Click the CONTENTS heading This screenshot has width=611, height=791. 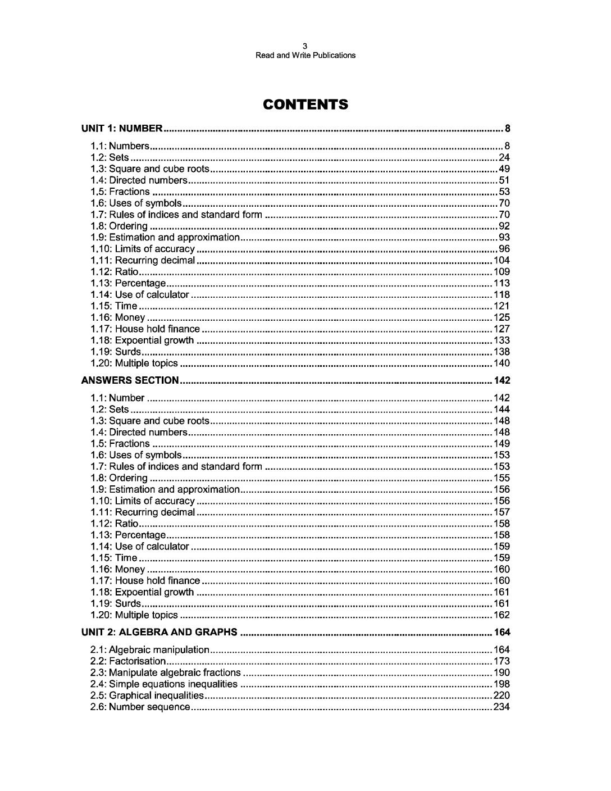pos(305,104)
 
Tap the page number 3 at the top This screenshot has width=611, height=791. pos(305,46)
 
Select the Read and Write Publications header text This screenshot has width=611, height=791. pos(305,56)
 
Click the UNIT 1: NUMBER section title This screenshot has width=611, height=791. pos(122,129)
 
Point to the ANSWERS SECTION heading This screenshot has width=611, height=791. pos(130,380)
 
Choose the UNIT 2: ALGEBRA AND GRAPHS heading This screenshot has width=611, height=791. pos(159,632)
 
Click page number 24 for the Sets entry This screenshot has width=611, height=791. pos(504,157)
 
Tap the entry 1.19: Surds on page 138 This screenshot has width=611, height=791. pos(116,352)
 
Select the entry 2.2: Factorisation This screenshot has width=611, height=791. pos(128,661)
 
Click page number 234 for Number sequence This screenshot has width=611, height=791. pos(501,707)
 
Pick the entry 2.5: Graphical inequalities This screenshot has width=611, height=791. pos(147,695)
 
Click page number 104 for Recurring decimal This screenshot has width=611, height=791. pos(501,260)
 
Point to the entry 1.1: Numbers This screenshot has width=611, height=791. pos(120,146)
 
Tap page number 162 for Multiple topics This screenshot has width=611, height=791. pos(501,615)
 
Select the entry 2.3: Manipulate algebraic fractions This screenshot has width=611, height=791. pos(166,672)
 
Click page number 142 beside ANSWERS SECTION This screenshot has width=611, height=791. pos(501,380)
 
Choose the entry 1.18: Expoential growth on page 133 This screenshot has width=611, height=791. pos(142,340)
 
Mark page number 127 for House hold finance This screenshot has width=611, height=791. pos(501,329)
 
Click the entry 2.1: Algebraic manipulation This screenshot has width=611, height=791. pos(150,650)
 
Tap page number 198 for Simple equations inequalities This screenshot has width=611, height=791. pos(501,684)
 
